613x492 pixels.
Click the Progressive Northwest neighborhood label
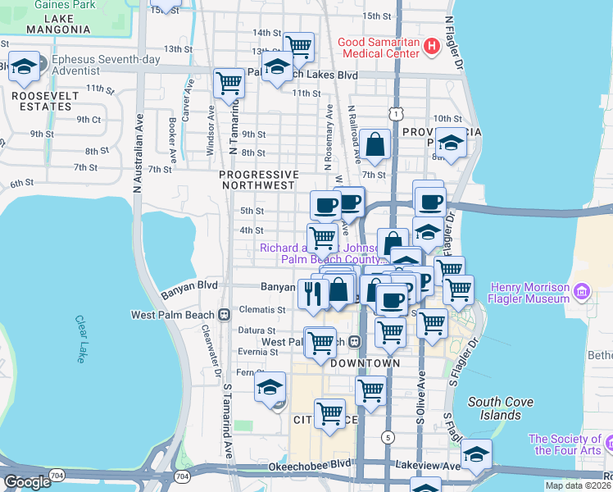tap(258, 180)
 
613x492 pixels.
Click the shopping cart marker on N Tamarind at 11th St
tap(229, 83)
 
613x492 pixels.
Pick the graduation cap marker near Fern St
tap(270, 386)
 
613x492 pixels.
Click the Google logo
tap(27, 482)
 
